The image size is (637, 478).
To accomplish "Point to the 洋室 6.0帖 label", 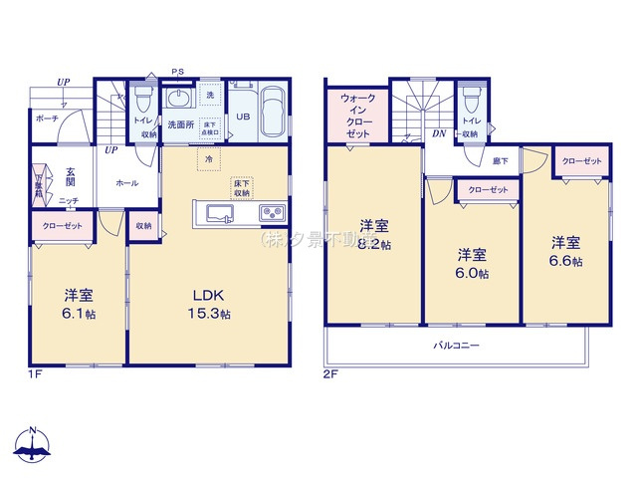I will click(x=473, y=263).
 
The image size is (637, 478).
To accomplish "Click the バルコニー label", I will click(x=456, y=347).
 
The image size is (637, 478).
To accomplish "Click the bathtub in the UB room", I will click(x=273, y=105).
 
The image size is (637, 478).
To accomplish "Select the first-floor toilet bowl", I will click(x=142, y=99).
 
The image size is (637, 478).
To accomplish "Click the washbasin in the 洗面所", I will click(x=180, y=98).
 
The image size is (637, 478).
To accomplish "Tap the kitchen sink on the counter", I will click(x=218, y=213).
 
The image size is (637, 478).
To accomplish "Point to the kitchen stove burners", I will click(x=273, y=213).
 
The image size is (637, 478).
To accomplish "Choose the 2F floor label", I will click(x=330, y=373).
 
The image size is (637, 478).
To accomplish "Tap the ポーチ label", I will click(x=46, y=118).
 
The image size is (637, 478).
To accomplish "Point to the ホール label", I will click(x=127, y=183).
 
